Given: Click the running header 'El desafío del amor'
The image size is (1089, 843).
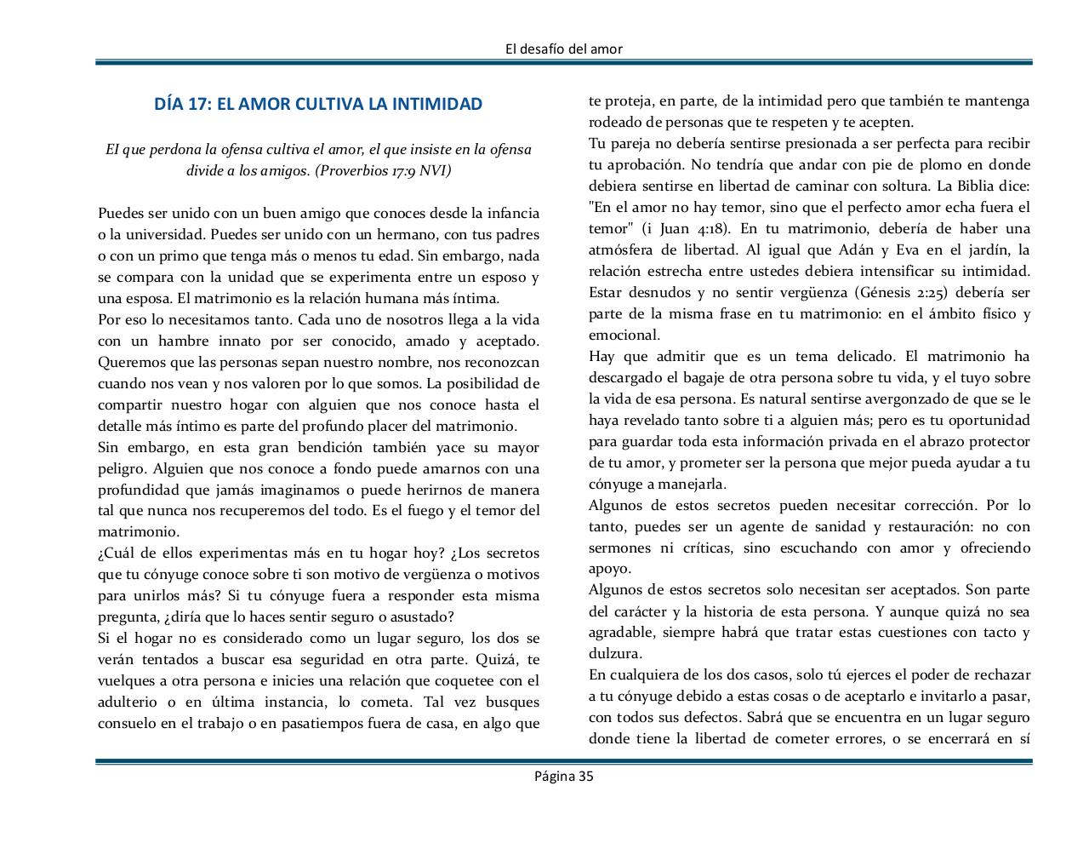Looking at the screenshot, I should pos(563,49).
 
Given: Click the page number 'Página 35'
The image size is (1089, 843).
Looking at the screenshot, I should pos(563,775).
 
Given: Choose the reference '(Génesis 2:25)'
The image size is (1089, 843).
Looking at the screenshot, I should pos(909,292).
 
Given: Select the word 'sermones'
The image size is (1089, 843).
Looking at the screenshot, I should pos(618,548).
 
